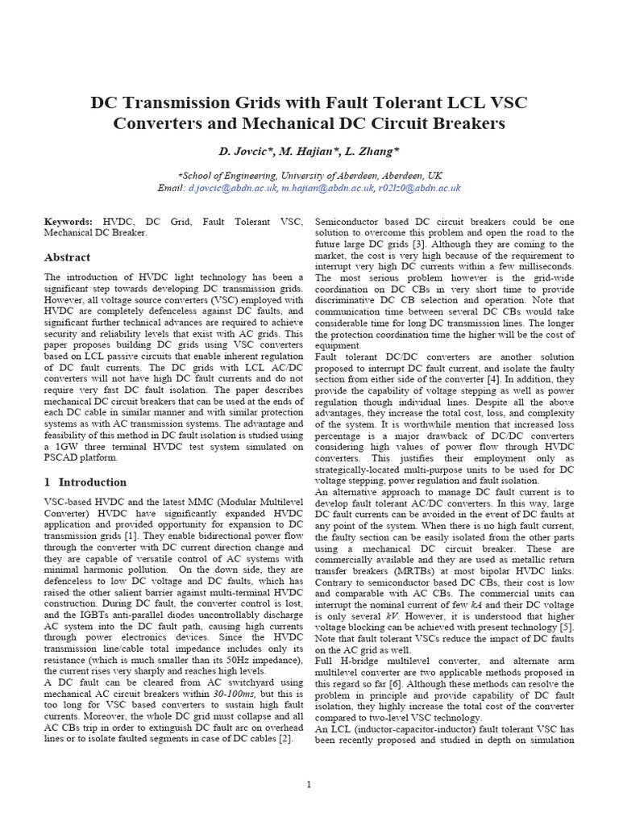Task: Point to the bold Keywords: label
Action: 68,221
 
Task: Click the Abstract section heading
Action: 66,257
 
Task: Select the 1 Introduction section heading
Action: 85,482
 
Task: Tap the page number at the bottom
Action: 309,785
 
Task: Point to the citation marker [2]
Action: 285,740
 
